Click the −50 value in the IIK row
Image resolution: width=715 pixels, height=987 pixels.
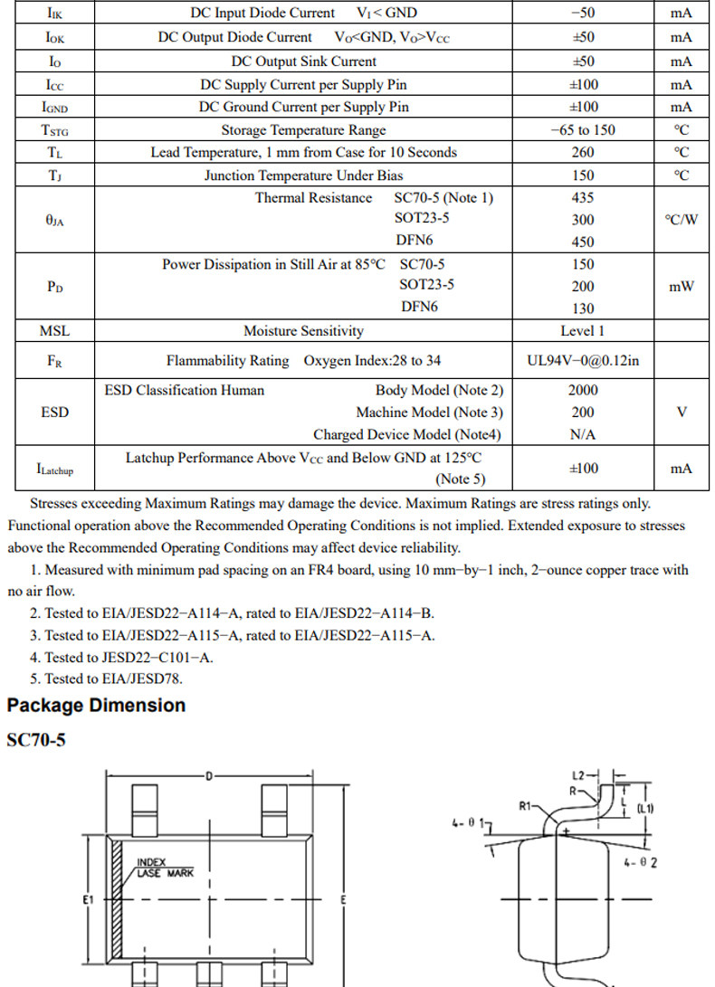pos(583,14)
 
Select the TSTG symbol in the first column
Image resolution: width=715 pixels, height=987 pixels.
pos(54,130)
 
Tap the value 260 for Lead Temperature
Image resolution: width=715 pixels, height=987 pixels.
pos(583,153)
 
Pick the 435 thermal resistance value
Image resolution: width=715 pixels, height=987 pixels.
pos(583,198)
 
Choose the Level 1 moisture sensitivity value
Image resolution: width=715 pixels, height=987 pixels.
pos(583,331)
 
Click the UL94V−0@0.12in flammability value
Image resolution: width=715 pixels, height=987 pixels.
pos(583,361)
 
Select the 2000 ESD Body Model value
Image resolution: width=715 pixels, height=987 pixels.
pos(583,391)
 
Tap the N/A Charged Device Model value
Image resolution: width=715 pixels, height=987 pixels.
pos(583,435)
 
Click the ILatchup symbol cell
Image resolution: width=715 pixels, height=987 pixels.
pos(54,469)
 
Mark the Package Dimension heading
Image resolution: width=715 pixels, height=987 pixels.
pos(96,706)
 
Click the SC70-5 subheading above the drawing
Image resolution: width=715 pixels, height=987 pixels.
pos(36,741)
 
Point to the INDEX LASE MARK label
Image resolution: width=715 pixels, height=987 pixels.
pos(165,868)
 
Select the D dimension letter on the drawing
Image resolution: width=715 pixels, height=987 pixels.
pos(209,776)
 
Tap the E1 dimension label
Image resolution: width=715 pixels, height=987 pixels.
pos(88,900)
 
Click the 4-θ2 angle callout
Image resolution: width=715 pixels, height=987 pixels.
pos(641,862)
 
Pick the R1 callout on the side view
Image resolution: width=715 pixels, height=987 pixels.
pos(528,804)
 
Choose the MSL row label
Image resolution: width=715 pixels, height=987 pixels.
pos(54,331)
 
